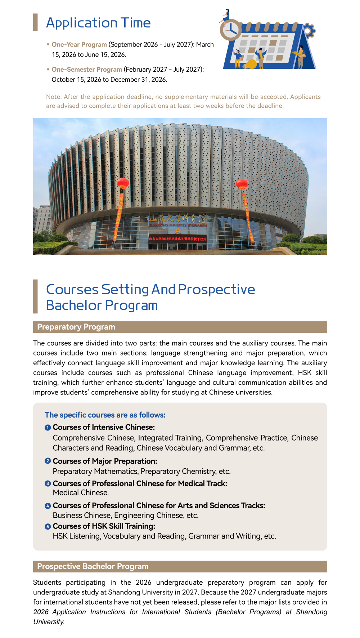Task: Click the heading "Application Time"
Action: pyautogui.click(x=98, y=23)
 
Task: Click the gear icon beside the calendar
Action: pyautogui.click(x=309, y=31)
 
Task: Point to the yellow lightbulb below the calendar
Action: pyautogui.click(x=251, y=64)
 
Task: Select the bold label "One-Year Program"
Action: pyautogui.click(x=79, y=45)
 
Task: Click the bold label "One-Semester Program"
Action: pyautogui.click(x=87, y=70)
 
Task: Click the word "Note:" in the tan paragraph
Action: pyautogui.click(x=54, y=97)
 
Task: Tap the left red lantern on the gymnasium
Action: pyautogui.click(x=123, y=183)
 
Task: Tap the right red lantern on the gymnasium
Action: pyautogui.click(x=242, y=184)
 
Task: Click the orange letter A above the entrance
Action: pyautogui.click(x=178, y=231)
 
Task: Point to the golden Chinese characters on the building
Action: pyautogui.click(x=177, y=219)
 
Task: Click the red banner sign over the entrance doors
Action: pyautogui.click(x=178, y=239)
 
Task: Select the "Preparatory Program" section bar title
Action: pyautogui.click(x=76, y=327)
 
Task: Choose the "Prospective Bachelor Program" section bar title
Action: pyautogui.click(x=93, y=567)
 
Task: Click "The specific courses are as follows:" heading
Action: pyautogui.click(x=105, y=415)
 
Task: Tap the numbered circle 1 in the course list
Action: pyautogui.click(x=48, y=428)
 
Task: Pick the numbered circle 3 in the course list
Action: pyautogui.click(x=48, y=483)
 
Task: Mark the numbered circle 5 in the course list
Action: pyautogui.click(x=48, y=527)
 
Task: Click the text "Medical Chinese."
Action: pyautogui.click(x=81, y=493)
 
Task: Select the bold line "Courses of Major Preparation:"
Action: pyautogui.click(x=105, y=461)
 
